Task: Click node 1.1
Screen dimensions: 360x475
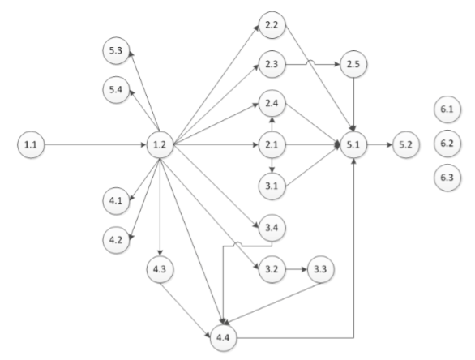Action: [x=30, y=145]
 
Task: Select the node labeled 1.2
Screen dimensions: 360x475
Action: [x=159, y=145]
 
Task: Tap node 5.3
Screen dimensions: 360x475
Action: [x=116, y=51]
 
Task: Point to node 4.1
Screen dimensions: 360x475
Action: [x=116, y=199]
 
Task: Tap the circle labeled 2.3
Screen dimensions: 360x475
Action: [x=271, y=63]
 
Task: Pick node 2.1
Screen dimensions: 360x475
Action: [x=271, y=145]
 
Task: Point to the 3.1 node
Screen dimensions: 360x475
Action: [x=271, y=186]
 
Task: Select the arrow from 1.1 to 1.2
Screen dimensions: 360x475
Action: [x=93, y=145]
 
